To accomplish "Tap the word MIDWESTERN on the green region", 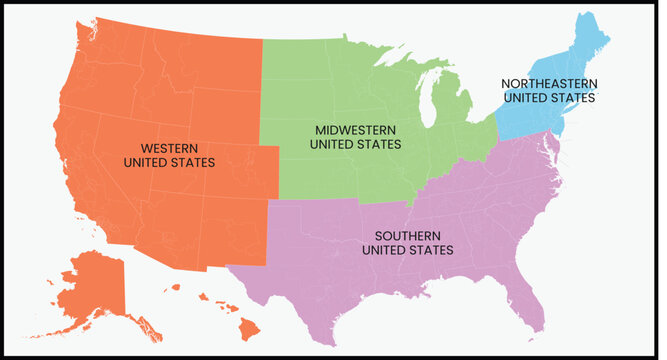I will pyautogui.click(x=355, y=130).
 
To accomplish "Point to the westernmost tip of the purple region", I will pyautogui.click(x=229, y=267).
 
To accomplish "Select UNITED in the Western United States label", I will pyautogui.click(x=146, y=161).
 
